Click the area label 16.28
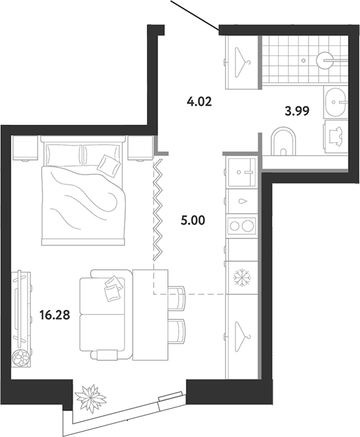point(55,315)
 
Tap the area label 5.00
point(193,220)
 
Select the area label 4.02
point(199,101)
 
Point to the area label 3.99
point(297,111)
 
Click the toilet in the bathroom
point(283,141)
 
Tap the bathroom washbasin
point(334,102)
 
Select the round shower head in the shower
point(324,60)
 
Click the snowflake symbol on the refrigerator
point(242,277)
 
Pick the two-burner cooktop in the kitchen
point(242,225)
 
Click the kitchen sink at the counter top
point(242,173)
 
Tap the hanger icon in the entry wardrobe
point(242,62)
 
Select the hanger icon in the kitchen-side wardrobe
point(242,337)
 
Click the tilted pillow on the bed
point(109,165)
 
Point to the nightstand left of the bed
point(24,148)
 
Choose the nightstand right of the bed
point(141,148)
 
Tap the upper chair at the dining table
point(177,298)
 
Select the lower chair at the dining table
point(177,331)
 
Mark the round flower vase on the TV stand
point(21,357)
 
